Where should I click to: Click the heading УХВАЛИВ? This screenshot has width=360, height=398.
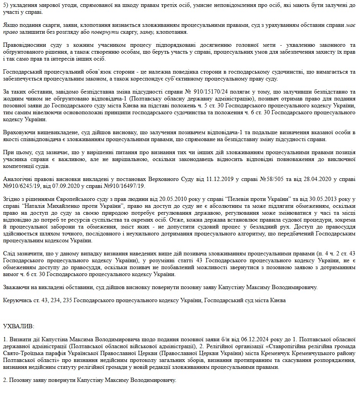coord(18,326)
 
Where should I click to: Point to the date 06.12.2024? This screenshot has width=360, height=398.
coord(255,339)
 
